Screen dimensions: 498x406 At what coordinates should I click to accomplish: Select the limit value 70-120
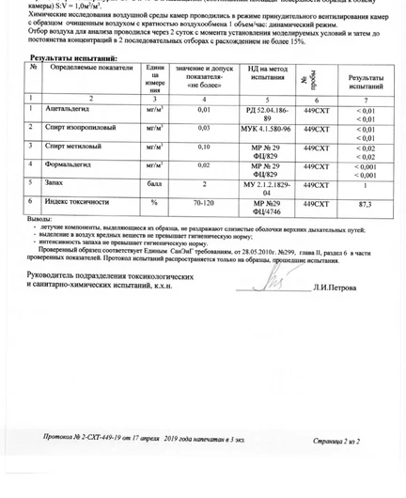[x=203, y=202]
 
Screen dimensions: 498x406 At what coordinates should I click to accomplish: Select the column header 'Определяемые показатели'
[x=87, y=69]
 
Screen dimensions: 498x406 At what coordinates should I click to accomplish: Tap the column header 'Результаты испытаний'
[x=366, y=81]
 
